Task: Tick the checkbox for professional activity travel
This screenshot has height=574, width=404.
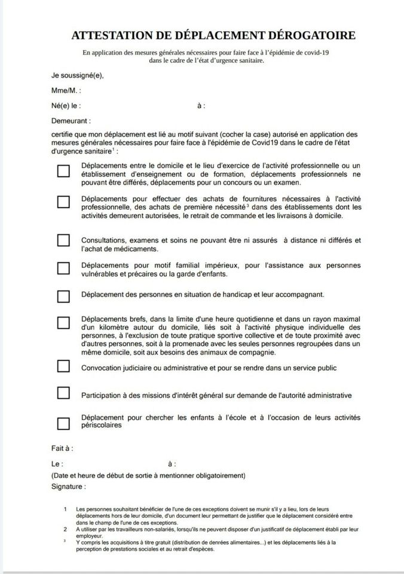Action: click(x=63, y=171)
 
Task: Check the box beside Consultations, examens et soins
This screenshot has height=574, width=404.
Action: click(x=63, y=240)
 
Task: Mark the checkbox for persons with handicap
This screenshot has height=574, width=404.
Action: click(x=63, y=295)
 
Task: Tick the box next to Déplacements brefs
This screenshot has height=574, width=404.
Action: click(x=63, y=323)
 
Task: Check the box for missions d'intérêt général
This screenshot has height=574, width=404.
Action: click(x=63, y=393)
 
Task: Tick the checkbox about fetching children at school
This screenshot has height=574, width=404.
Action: click(x=63, y=423)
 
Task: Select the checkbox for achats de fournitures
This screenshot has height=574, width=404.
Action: click(x=63, y=201)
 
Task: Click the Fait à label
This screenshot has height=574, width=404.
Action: click(x=62, y=448)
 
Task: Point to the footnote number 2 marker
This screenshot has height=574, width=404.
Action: click(x=65, y=530)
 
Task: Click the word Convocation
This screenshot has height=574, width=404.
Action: click(x=103, y=368)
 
